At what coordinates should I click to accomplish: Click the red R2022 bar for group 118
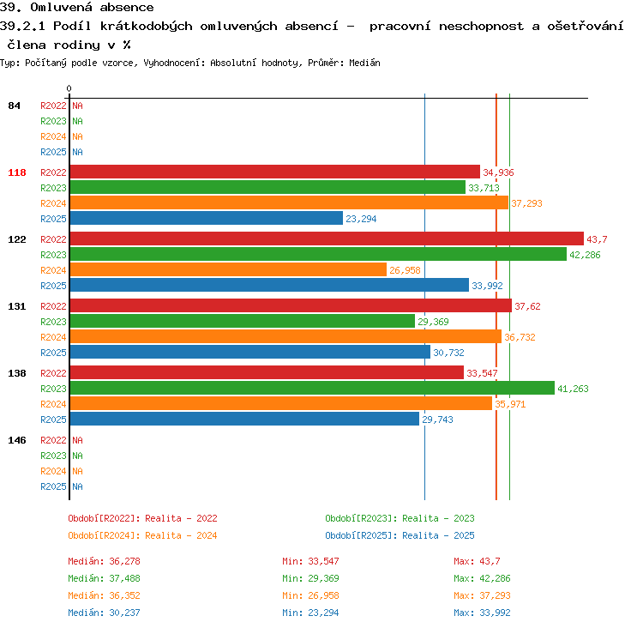pos(274,172)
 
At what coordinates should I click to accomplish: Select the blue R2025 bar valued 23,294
pos(207,218)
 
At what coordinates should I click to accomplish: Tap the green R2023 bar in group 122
pos(318,254)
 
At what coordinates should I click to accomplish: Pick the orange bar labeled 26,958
pos(228,269)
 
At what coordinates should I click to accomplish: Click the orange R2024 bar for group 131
pos(285,336)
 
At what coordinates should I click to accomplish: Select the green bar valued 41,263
pos(312,388)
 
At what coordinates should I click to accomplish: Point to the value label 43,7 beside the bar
pos(597,239)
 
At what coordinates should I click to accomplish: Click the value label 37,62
pos(527,306)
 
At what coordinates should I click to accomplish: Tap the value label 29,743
pos(437,420)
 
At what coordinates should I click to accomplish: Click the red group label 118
pos(17,172)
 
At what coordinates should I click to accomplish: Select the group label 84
pos(14,106)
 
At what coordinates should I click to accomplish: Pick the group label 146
pos(17,440)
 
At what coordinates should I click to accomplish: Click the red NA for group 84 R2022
pos(77,106)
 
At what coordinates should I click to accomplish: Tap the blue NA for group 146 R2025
pos(77,486)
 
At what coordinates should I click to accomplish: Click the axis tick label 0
pos(69,88)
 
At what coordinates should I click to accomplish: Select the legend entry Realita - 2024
pos(181,535)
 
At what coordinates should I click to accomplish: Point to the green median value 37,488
pos(124,578)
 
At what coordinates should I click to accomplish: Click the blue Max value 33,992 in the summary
pos(495,613)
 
